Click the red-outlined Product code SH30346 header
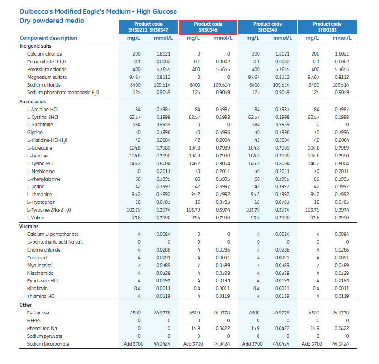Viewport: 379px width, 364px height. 208,27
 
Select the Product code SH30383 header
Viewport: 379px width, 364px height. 327,27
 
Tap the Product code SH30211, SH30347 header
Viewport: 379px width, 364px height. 148,27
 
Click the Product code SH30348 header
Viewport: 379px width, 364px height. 268,27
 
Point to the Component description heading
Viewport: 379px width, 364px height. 48,38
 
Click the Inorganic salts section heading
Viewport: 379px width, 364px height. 35,46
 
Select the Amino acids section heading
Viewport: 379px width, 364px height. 32,101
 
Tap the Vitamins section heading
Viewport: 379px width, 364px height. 29,226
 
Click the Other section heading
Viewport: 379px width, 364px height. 26,305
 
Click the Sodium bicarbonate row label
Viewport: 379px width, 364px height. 48,344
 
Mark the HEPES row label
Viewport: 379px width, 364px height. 34,320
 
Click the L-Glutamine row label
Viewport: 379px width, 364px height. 40,124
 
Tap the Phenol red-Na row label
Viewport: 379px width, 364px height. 42,328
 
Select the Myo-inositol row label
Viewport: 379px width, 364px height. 40,265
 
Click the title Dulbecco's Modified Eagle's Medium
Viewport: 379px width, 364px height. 98,11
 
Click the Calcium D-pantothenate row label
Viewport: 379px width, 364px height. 53,234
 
